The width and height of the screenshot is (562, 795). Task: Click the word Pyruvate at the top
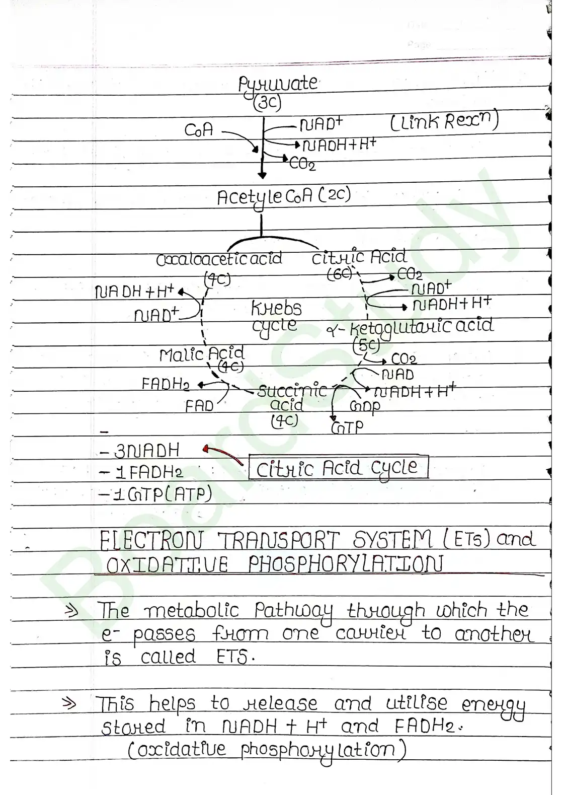point(278,85)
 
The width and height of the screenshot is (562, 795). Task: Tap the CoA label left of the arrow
point(199,130)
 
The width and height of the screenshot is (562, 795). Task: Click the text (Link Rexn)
point(444,122)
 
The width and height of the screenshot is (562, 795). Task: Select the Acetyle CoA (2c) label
point(283,197)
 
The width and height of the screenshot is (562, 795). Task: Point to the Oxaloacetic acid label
point(219,259)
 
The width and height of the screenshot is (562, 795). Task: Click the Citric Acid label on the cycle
point(359,257)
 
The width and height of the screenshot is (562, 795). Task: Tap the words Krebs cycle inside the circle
point(276,316)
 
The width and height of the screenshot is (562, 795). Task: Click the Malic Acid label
point(202,354)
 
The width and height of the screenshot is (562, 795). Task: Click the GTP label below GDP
point(347,427)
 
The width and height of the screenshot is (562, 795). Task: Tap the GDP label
point(365,406)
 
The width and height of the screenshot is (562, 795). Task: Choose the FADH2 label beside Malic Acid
point(166,384)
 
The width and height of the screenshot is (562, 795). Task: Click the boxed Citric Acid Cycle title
point(338,468)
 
